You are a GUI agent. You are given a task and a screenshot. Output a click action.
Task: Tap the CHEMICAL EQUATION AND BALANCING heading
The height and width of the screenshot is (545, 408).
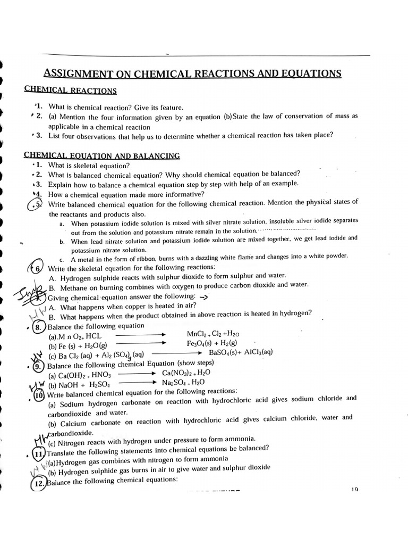coord(102,155)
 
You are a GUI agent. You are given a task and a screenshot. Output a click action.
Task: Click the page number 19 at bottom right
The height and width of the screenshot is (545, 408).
coord(354,489)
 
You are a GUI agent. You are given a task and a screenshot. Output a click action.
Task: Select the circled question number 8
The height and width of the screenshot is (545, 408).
coord(38,327)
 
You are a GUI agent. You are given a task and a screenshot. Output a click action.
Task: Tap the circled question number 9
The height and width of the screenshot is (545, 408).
coord(38,366)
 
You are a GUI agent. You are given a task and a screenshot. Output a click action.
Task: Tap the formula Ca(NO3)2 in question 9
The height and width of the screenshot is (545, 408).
coord(180,373)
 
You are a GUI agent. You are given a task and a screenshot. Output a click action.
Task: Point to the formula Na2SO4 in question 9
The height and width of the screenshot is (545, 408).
coord(176,383)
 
